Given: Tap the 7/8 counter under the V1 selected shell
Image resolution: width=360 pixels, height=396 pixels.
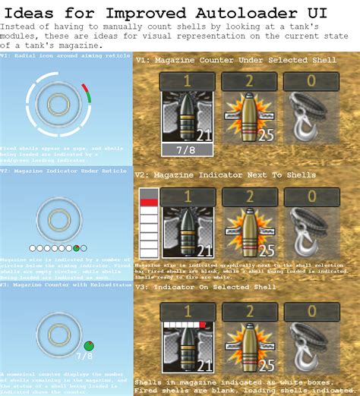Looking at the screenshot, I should (187, 150).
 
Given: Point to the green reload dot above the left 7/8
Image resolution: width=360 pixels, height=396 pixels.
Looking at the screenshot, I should (88, 346).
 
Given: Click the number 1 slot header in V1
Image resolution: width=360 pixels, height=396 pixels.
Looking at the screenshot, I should (187, 83).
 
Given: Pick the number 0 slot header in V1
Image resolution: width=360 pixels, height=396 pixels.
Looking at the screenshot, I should (310, 83).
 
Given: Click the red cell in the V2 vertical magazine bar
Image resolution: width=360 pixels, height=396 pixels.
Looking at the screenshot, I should (148, 202).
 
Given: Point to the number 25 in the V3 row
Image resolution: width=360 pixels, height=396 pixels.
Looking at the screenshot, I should (266, 366).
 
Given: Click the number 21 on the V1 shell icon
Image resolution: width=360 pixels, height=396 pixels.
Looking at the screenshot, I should (204, 134).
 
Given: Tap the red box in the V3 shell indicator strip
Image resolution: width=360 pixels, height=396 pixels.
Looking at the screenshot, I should (204, 325).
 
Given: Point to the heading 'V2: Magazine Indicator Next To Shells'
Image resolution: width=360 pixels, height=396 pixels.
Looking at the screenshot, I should (214, 174).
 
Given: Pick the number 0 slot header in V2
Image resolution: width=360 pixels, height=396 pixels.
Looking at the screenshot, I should (310, 196).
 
